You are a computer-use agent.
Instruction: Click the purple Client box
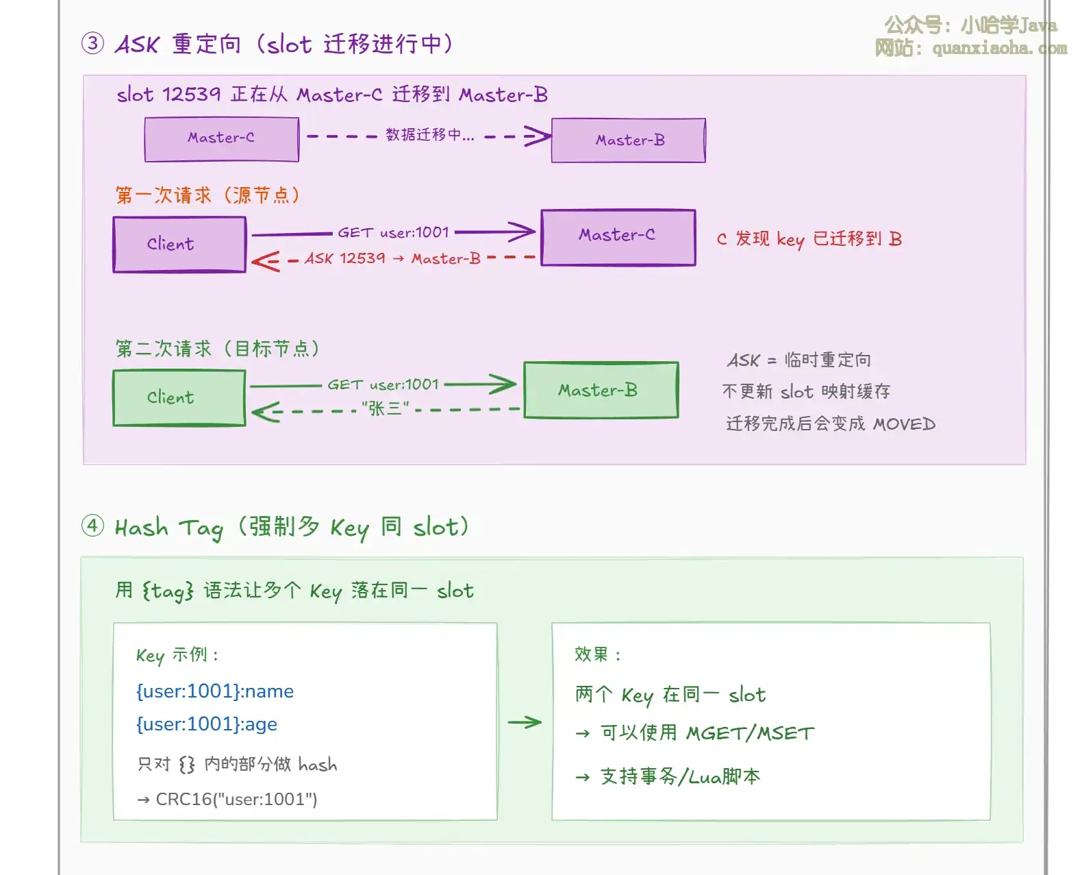(179, 245)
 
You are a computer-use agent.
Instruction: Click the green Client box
(179, 397)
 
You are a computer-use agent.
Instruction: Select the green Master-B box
(601, 390)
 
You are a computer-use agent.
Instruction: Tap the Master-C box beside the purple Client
(618, 237)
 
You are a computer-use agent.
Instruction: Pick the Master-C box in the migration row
(221, 139)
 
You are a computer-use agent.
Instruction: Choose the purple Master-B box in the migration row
(629, 140)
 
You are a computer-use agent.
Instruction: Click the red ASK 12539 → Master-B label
(392, 259)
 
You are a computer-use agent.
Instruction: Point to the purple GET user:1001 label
(393, 233)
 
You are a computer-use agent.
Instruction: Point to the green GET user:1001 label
(383, 384)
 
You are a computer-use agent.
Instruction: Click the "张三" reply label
(385, 409)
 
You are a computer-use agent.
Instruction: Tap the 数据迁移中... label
(429, 135)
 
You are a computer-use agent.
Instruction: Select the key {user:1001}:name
(214, 691)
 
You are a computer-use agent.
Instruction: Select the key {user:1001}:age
(206, 724)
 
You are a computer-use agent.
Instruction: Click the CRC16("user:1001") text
(236, 800)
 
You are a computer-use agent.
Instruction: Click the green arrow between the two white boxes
(525, 722)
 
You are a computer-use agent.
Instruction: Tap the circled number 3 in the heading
(92, 44)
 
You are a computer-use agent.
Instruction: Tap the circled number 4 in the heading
(92, 526)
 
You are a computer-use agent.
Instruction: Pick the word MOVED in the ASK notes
(904, 424)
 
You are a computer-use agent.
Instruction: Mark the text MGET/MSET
(751, 734)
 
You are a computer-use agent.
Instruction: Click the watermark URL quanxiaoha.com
(999, 49)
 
